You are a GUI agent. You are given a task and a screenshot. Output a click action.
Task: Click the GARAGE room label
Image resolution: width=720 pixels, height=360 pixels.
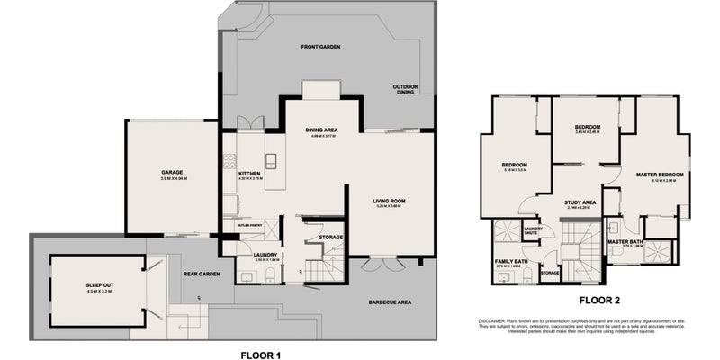point(172,173)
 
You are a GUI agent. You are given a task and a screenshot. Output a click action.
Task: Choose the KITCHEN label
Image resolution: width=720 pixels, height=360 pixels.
point(249,173)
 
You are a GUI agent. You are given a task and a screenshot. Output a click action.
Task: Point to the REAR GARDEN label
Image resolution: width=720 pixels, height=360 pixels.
point(202,274)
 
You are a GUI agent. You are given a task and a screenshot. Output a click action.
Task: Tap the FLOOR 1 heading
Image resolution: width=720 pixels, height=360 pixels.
point(261,355)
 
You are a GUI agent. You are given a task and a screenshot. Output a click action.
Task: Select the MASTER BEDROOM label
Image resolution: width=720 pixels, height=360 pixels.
point(660,175)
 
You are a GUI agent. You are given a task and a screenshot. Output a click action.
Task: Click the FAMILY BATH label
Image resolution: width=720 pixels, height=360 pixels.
point(511,261)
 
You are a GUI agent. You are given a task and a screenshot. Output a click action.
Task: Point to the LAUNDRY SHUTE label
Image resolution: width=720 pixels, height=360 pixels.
point(533,231)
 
